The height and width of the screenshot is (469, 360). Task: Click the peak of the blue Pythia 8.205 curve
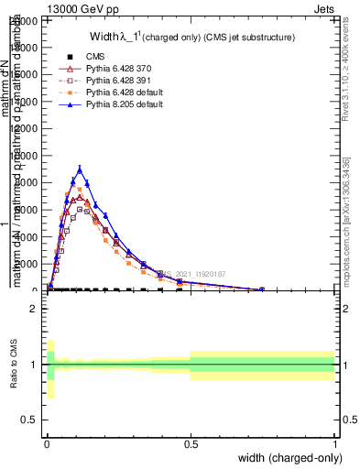(80, 169)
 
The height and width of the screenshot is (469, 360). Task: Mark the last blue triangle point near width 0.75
(262, 289)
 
